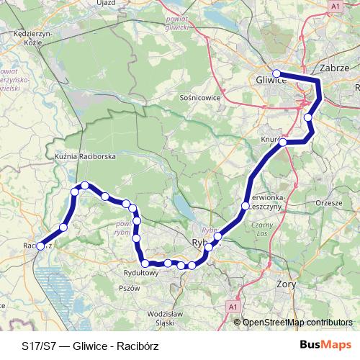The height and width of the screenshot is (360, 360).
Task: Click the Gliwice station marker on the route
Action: [276, 73]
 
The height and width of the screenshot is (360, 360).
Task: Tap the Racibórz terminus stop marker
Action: [40, 246]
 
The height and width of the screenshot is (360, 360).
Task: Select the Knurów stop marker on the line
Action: [283, 142]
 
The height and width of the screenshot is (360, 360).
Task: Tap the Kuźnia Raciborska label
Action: [85, 155]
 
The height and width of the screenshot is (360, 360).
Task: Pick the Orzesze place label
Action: [328, 203]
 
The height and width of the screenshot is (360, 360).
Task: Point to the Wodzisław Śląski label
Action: [166, 317]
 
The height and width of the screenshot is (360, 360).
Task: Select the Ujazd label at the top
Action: [105, 3]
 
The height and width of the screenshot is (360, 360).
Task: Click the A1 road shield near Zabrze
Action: [336, 6]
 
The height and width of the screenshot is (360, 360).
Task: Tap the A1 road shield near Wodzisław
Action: [233, 307]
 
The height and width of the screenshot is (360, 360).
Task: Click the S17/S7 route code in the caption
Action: [37, 345]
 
